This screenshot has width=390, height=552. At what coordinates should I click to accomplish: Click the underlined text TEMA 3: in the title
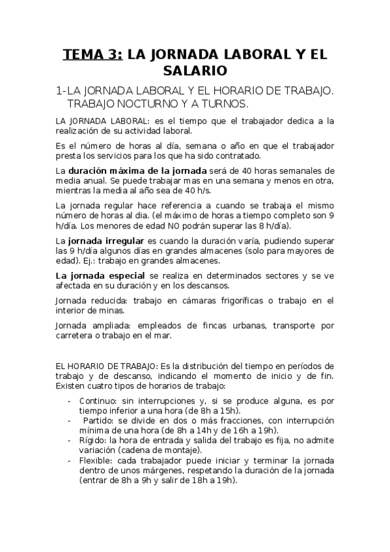[91, 54]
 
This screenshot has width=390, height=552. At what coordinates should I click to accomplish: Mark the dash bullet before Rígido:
[69, 440]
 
